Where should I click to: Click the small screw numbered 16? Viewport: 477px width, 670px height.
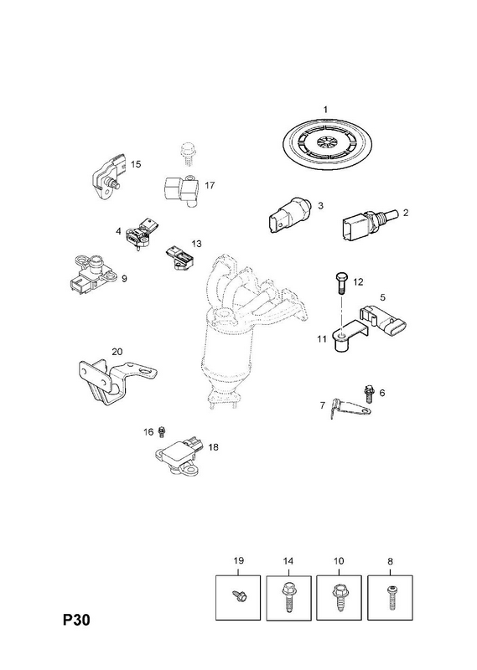tap(162, 432)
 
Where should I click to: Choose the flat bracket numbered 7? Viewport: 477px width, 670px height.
tap(350, 408)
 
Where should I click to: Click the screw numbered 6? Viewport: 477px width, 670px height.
tap(367, 394)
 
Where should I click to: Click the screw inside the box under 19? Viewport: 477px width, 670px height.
tap(238, 595)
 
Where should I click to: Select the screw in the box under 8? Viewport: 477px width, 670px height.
tap(391, 597)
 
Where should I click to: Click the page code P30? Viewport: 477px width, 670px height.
tap(77, 620)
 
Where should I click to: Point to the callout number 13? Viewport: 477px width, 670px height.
tap(196, 244)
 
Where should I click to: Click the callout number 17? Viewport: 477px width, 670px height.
tap(210, 185)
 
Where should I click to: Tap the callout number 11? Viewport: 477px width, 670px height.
tap(322, 339)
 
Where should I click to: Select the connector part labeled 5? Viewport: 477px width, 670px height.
tap(383, 322)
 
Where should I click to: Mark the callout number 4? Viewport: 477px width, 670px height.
tap(118, 231)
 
